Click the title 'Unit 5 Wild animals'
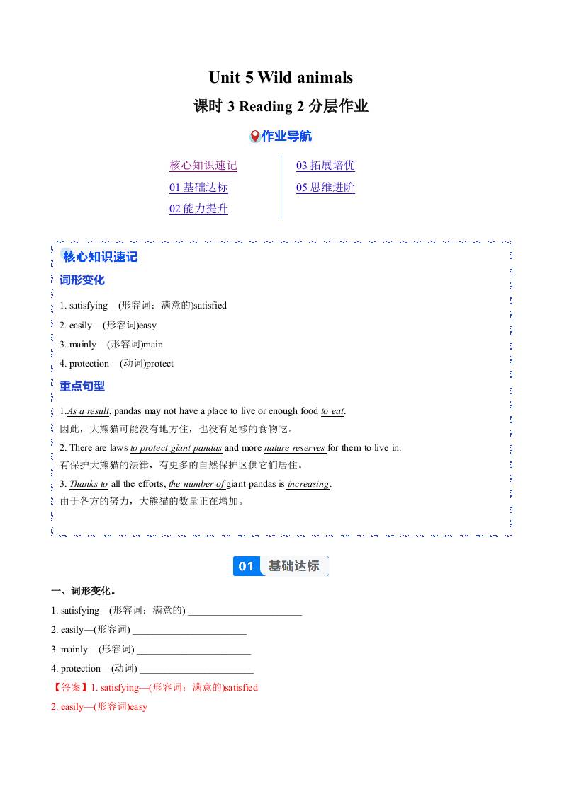click(x=281, y=77)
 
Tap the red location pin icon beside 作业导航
click(x=255, y=137)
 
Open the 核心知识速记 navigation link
click(x=203, y=166)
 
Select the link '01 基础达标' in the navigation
click(x=198, y=188)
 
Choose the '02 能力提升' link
click(x=198, y=209)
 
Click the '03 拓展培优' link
click(x=325, y=166)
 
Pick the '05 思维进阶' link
click(x=325, y=188)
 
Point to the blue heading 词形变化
click(x=82, y=280)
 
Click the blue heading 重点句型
click(x=82, y=386)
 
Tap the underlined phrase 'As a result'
click(x=89, y=411)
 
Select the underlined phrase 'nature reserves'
click(x=295, y=448)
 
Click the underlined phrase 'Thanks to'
click(x=89, y=484)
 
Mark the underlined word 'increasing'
click(x=308, y=484)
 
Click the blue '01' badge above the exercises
click(x=246, y=566)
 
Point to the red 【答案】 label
click(x=69, y=687)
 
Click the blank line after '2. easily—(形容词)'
click(x=189, y=630)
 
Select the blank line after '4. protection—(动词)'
click(x=196, y=669)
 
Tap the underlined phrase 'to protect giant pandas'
click(x=176, y=448)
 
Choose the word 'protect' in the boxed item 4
click(x=159, y=364)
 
